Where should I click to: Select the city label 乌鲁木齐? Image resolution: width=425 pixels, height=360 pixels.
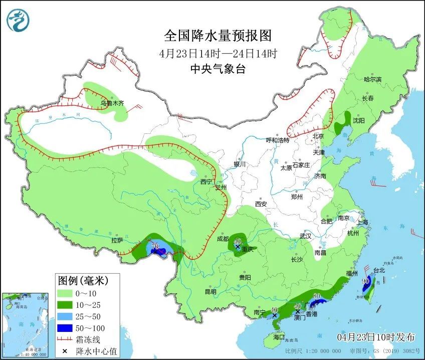click(x=112, y=103)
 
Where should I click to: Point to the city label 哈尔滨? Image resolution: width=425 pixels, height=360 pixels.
click(x=372, y=79)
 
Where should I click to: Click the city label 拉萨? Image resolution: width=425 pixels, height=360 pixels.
click(x=117, y=240)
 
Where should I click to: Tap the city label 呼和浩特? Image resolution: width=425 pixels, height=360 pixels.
click(x=278, y=140)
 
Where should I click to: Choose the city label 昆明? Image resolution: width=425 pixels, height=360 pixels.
click(x=210, y=291)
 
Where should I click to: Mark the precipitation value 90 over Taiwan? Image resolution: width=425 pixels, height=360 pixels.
click(x=365, y=281)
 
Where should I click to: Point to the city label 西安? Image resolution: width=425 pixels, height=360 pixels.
click(x=261, y=204)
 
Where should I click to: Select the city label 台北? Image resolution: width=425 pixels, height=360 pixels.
click(x=379, y=270)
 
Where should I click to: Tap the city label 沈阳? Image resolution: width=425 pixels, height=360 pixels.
click(x=358, y=120)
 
